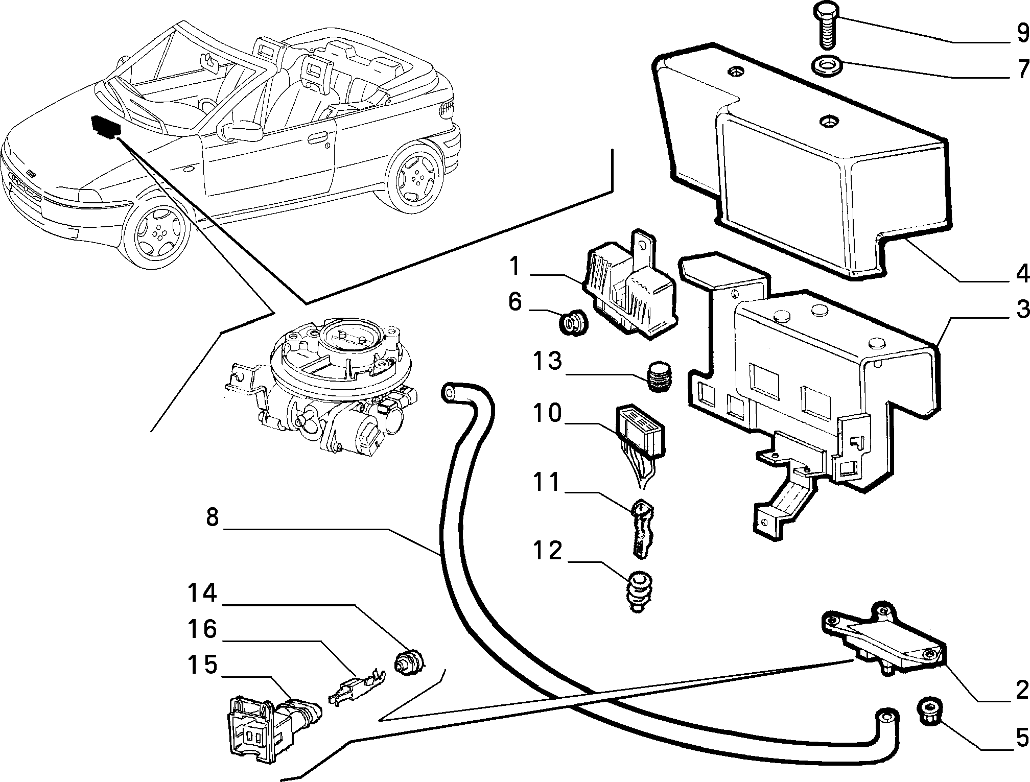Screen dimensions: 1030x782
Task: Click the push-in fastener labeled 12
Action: click(637, 591)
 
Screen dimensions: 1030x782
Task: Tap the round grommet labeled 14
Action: click(409, 662)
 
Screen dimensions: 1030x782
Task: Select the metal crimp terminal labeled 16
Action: click(356, 686)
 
